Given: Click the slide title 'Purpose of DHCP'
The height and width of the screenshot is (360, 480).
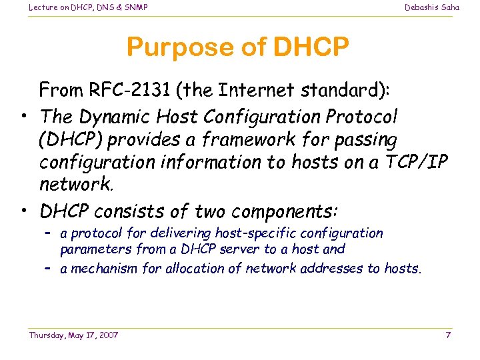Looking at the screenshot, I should tap(237, 48).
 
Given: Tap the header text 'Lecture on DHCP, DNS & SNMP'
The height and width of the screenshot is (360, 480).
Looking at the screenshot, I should tap(88, 7).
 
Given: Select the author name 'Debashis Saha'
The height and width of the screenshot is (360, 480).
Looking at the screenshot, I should tap(431, 7).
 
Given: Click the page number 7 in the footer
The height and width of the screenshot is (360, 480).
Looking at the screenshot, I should tap(448, 335).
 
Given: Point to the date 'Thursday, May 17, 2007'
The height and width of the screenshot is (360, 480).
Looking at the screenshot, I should tap(73, 335).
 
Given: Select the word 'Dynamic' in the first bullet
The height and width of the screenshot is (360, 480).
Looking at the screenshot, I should tap(111, 117).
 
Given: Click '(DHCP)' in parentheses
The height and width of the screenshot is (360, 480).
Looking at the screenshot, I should tap(71, 140).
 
